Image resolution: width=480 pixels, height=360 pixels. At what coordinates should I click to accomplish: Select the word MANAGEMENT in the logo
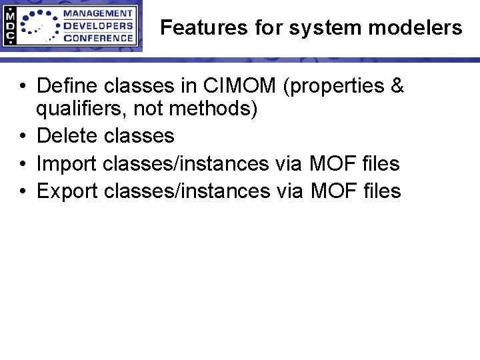point(97,13)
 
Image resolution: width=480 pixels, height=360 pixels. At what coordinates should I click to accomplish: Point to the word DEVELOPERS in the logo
point(97,26)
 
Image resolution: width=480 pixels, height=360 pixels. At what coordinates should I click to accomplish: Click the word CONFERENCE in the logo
point(97,38)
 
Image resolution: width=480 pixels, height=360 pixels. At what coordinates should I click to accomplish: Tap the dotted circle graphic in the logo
point(39,26)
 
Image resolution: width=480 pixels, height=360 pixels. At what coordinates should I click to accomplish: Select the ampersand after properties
point(396,86)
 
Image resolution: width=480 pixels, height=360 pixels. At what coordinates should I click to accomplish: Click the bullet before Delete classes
point(23,137)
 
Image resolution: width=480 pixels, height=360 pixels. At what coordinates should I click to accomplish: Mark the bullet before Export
point(23,192)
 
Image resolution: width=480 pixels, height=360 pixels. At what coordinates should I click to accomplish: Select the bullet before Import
point(23,164)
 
